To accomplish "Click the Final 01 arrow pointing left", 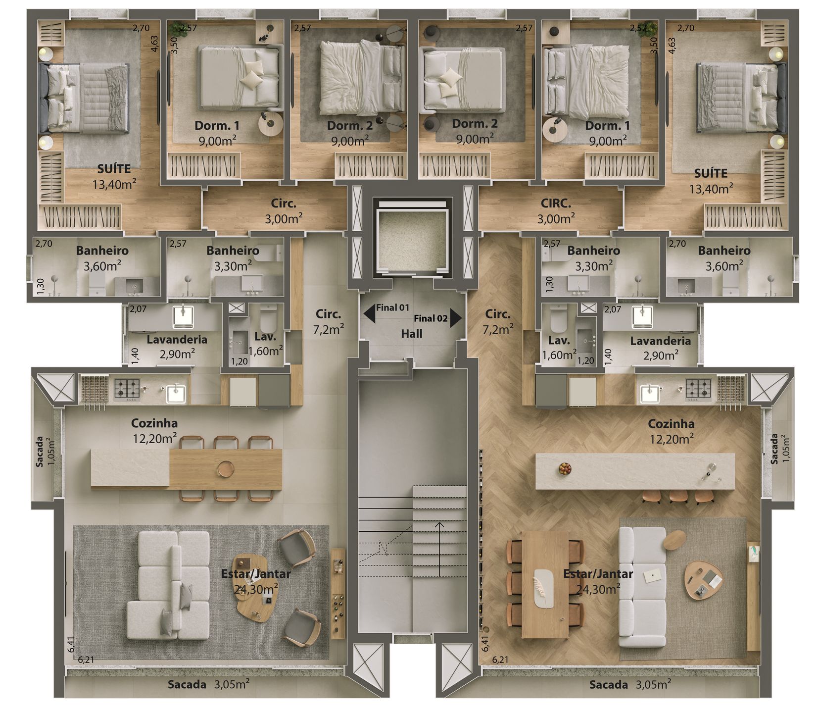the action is pyautogui.click(x=369, y=313).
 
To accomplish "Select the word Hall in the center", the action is pyautogui.click(x=412, y=334).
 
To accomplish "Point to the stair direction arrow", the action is pyautogui.click(x=439, y=549).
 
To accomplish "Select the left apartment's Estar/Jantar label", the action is pyautogui.click(x=256, y=574).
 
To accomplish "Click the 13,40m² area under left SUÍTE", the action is pyautogui.click(x=114, y=185).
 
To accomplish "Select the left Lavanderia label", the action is pyautogui.click(x=177, y=340).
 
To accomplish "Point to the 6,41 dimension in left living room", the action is pyautogui.click(x=72, y=644).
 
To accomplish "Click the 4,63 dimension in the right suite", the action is pyautogui.click(x=672, y=49).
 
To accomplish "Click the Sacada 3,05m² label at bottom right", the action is pyautogui.click(x=630, y=685).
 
